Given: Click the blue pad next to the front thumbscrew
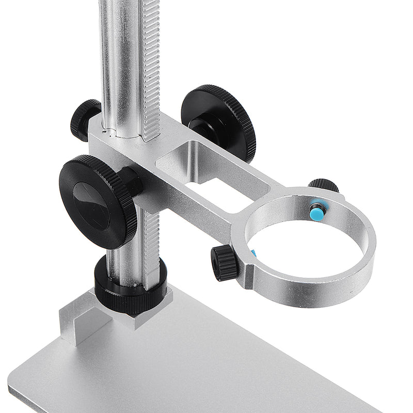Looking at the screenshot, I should (253, 253).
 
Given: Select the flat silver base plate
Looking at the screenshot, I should (206, 367).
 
